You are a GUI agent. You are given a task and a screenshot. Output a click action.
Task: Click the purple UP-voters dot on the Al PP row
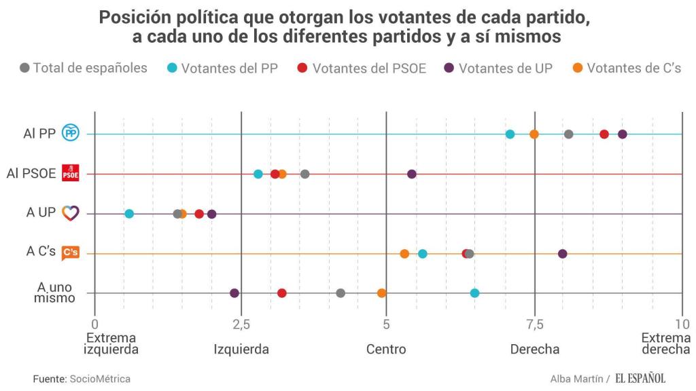622,134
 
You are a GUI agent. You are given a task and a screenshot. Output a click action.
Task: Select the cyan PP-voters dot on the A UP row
129,214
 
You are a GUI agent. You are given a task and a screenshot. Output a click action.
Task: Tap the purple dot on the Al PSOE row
412,174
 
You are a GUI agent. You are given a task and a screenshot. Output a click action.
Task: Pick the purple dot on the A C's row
562,254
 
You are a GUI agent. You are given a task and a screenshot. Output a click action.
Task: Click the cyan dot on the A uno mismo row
474,293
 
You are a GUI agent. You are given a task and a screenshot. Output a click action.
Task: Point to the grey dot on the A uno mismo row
341,293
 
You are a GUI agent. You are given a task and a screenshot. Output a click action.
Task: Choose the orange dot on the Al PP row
534,134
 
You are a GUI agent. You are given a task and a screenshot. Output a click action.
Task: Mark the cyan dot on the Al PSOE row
258,174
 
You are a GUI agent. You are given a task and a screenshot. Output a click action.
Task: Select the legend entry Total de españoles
84,68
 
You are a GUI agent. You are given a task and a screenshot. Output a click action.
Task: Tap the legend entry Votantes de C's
627,68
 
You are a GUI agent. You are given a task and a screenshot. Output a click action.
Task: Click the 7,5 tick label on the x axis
535,324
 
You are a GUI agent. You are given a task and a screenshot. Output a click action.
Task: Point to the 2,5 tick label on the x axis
241,324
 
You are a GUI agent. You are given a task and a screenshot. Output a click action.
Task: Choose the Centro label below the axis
386,350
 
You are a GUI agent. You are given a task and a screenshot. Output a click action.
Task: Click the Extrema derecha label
665,343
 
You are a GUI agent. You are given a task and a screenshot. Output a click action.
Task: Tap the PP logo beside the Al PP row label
70,134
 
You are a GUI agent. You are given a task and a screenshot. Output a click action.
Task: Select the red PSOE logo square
70,174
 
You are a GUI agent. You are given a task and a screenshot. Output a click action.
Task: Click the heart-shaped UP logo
70,213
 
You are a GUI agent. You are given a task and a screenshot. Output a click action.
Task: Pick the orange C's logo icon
70,253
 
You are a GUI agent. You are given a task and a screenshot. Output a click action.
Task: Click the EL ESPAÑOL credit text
640,378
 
